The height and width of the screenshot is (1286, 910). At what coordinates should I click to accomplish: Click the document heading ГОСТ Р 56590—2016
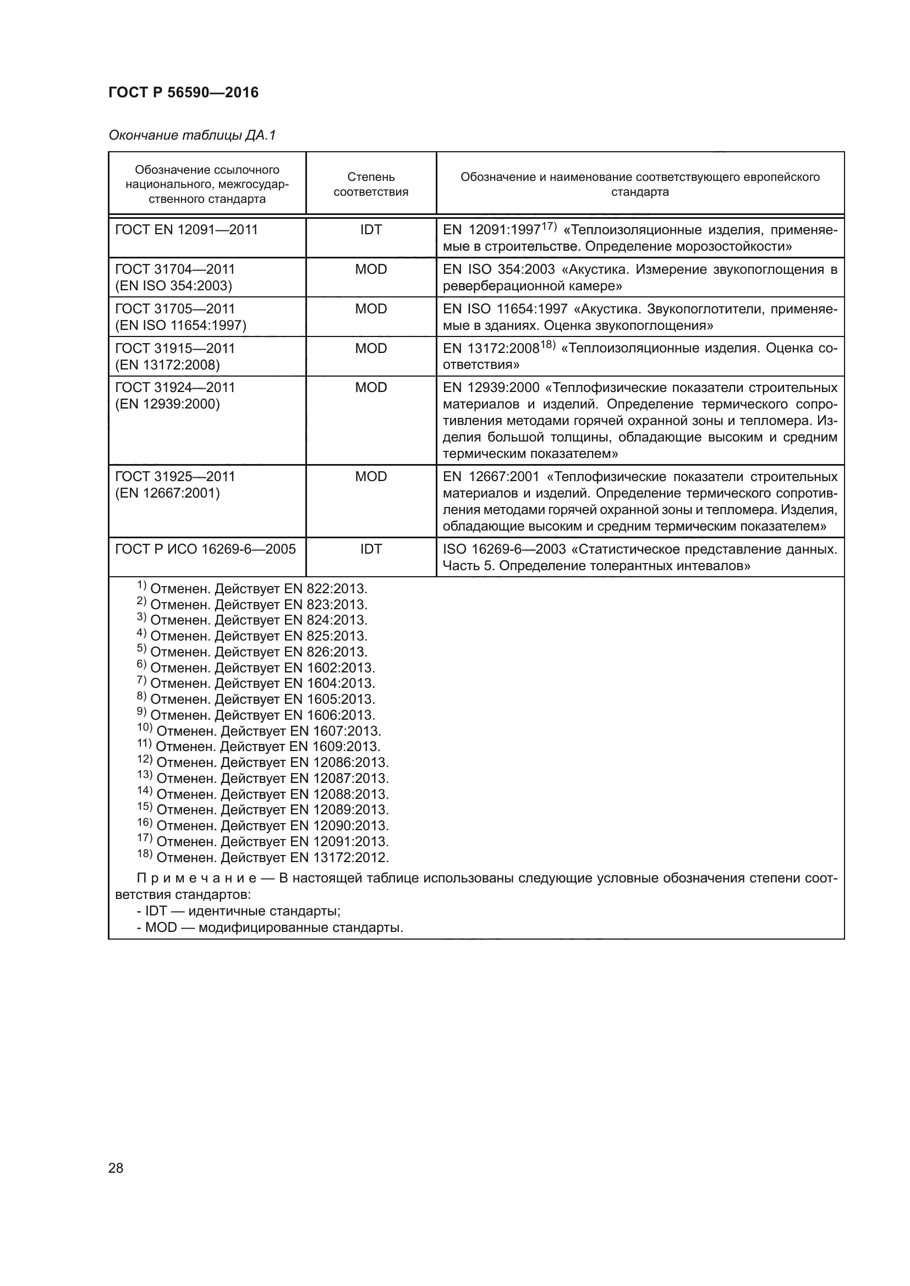click(x=183, y=92)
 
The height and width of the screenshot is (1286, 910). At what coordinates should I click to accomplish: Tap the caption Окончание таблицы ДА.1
click(x=192, y=135)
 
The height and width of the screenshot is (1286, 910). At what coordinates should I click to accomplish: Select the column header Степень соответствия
click(x=370, y=184)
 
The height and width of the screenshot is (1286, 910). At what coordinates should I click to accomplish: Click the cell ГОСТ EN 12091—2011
click(x=186, y=230)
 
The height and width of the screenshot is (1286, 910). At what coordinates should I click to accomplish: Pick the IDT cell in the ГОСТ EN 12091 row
click(x=370, y=230)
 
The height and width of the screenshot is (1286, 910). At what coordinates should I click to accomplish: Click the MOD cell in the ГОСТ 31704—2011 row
click(x=370, y=269)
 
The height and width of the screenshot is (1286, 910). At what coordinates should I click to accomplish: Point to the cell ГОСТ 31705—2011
click(x=175, y=308)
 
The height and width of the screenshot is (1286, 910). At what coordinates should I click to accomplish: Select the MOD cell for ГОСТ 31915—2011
click(x=370, y=349)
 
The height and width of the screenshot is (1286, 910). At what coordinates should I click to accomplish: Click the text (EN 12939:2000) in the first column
click(x=168, y=405)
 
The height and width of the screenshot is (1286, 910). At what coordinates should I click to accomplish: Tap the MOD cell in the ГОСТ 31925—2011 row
click(x=370, y=477)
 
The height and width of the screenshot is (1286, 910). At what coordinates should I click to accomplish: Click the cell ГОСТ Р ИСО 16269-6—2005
click(x=205, y=549)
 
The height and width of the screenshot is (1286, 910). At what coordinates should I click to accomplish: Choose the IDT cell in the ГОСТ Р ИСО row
click(x=370, y=549)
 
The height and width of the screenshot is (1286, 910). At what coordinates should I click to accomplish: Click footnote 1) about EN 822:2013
click(x=252, y=589)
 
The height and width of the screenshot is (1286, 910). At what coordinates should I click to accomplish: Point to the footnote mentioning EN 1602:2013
click(x=256, y=667)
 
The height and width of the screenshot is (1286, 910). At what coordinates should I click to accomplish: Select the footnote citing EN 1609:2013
click(x=259, y=747)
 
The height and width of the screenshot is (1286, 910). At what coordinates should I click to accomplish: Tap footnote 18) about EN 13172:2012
click(x=263, y=858)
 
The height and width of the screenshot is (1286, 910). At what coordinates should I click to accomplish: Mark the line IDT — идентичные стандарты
click(x=239, y=910)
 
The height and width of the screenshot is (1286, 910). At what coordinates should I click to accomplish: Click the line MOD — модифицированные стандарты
click(x=270, y=928)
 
